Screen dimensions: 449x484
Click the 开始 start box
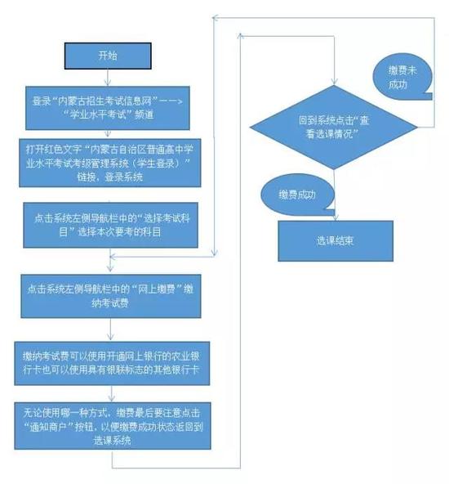coord(108,56)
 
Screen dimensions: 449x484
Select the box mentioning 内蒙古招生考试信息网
coord(108,108)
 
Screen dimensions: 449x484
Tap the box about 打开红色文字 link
coord(110,163)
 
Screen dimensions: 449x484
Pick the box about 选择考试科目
coord(111,225)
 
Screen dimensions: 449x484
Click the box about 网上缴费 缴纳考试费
coord(111,296)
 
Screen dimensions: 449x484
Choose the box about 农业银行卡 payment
coord(112,363)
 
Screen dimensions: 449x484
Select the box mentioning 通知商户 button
coord(113,426)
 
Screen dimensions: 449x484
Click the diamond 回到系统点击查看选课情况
coord(334,128)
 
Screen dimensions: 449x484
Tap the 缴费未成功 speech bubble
coord(402,77)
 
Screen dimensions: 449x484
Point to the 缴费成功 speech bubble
coord(297,195)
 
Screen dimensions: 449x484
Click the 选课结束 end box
coord(336,240)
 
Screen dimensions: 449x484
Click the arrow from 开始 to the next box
coord(108,78)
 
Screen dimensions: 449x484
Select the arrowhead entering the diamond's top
coord(334,82)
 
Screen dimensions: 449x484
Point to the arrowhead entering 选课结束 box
coord(336,217)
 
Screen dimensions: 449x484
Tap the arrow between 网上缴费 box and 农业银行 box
coord(111,329)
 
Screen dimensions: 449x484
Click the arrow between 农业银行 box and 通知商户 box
coord(112,393)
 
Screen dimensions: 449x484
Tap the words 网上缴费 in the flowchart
coord(156,289)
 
